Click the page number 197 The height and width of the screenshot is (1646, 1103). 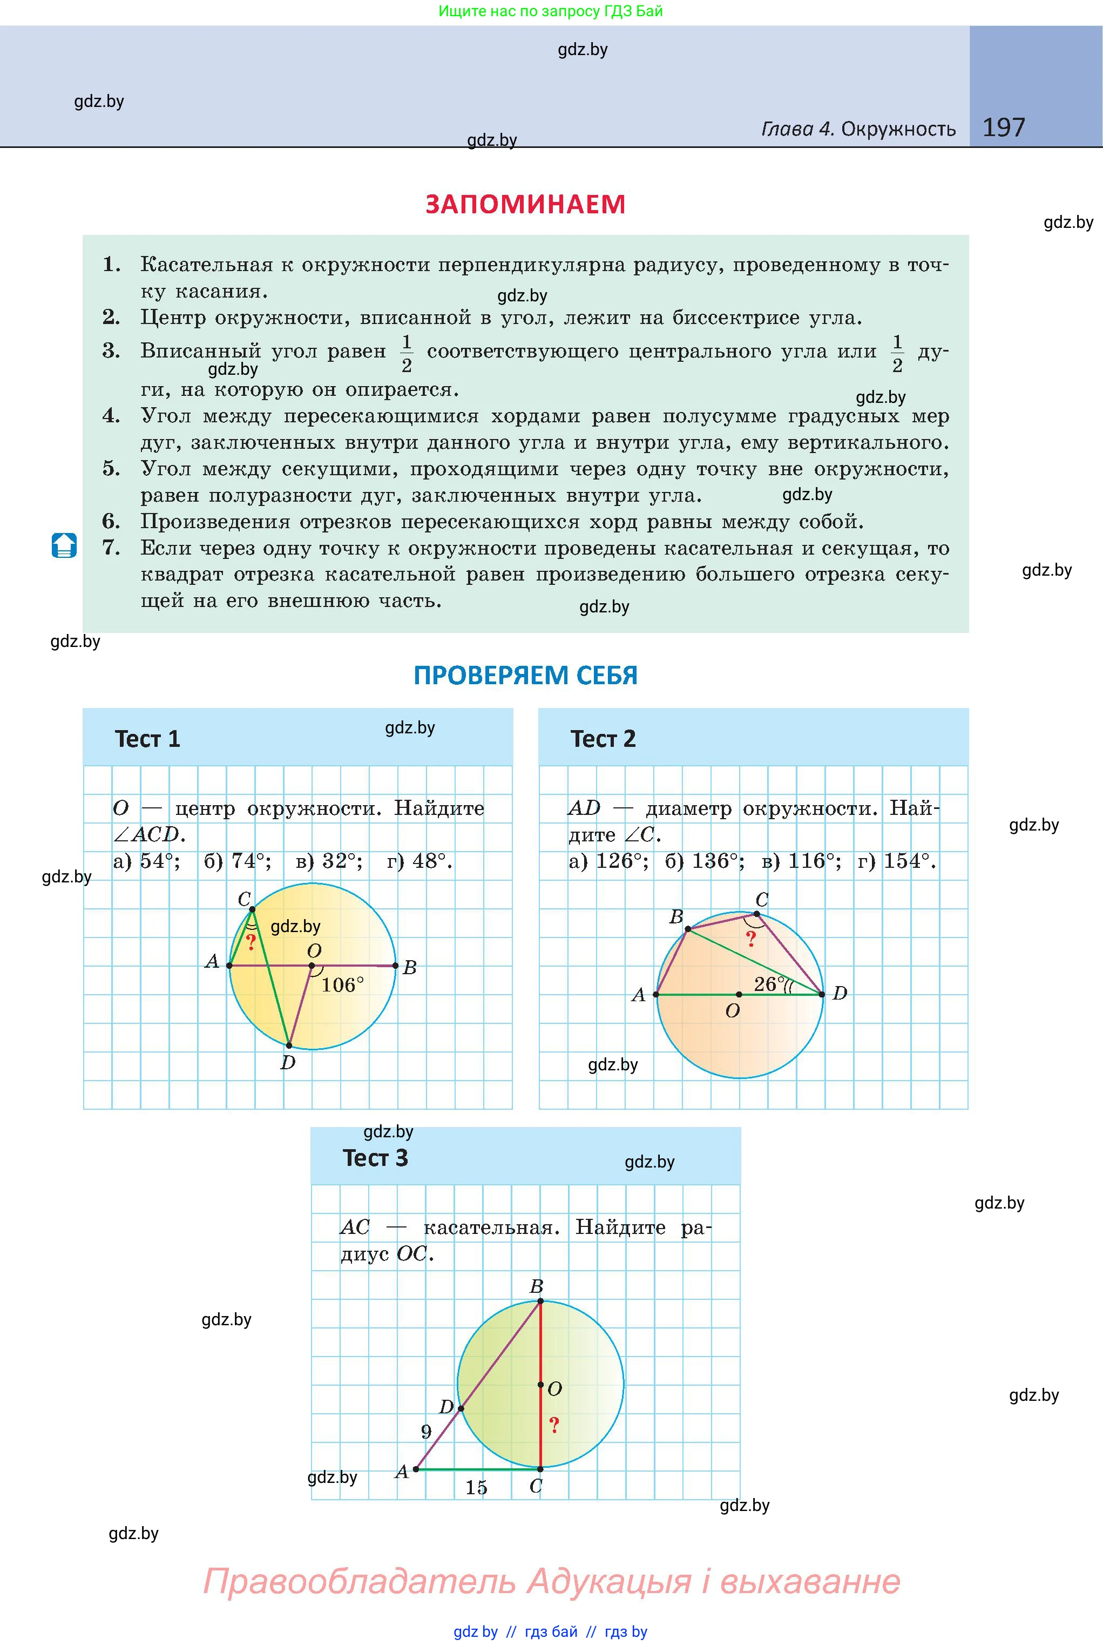tap(1003, 127)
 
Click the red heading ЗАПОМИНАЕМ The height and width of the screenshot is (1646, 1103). tap(525, 204)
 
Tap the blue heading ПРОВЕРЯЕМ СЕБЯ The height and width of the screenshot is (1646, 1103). tap(525, 675)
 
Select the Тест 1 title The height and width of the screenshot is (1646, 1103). tap(148, 739)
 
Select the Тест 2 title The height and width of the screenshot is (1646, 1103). tap(603, 739)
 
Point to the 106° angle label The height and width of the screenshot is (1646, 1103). tap(343, 986)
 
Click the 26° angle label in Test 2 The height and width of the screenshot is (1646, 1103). tap(769, 984)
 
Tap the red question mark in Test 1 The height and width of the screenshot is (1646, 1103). tap(251, 942)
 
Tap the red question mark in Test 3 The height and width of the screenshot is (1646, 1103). tap(554, 1426)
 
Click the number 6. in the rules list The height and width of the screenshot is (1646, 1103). tap(111, 521)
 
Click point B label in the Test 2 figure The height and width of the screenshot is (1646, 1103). tap(676, 916)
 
